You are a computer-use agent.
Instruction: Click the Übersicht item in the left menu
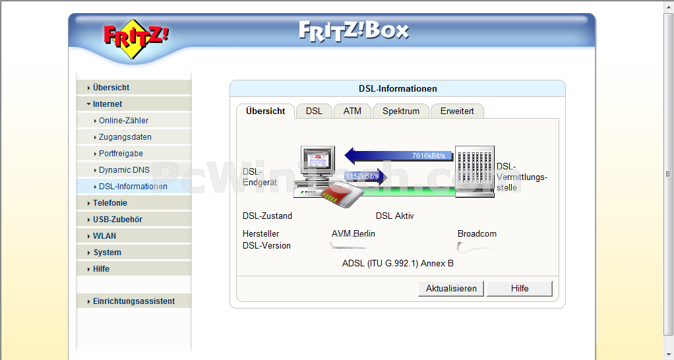tap(111, 88)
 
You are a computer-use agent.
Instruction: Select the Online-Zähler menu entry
tap(123, 121)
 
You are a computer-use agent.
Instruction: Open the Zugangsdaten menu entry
tap(125, 137)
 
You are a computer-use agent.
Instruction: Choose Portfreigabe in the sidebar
tap(121, 154)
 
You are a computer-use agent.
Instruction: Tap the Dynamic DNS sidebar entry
tap(124, 170)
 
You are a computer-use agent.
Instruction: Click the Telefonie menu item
tap(109, 203)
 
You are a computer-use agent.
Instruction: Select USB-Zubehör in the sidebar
tap(117, 220)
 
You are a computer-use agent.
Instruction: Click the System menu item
tap(107, 253)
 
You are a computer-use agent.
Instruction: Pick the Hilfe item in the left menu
tap(101, 269)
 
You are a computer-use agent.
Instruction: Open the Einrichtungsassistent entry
tap(133, 301)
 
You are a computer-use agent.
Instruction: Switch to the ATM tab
tap(352, 111)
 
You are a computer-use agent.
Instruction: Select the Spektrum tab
tap(400, 111)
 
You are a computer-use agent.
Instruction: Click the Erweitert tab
tap(457, 111)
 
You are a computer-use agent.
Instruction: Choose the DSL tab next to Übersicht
tap(314, 111)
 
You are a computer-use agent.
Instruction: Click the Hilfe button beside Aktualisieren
tap(519, 288)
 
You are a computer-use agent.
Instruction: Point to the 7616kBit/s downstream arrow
tap(399, 156)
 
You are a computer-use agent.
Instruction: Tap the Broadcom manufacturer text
tap(477, 234)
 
